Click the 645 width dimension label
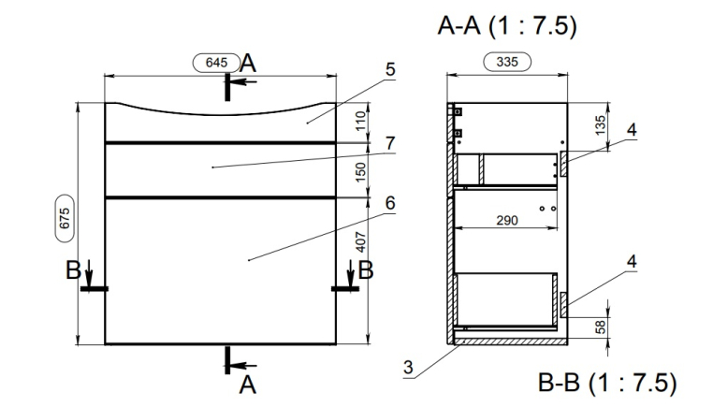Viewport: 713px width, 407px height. (215, 63)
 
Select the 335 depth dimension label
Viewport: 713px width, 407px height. (508, 63)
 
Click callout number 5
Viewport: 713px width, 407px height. (390, 70)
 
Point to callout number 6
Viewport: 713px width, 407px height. (390, 203)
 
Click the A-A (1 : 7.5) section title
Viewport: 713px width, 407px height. (506, 25)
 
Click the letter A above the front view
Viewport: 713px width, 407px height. (248, 64)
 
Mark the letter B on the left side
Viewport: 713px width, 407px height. (72, 271)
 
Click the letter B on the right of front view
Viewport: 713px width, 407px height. (366, 271)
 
